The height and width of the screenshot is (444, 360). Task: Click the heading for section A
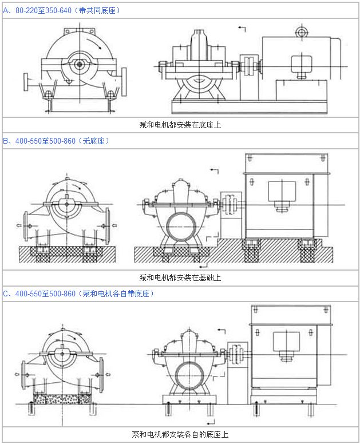point(61,10)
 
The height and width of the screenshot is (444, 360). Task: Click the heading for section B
point(56,141)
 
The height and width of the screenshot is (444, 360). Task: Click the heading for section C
point(78,294)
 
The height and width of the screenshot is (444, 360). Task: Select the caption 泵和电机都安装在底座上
point(180,125)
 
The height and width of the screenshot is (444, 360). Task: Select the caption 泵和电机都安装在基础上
point(180,277)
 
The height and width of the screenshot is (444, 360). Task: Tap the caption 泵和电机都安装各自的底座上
point(180,434)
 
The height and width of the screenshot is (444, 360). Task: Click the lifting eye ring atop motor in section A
point(301,32)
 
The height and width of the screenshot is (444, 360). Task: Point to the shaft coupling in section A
point(250,66)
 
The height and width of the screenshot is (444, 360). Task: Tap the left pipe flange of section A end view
point(26,82)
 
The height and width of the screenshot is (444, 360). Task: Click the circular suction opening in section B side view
point(181,227)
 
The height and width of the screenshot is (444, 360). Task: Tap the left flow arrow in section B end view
point(19,225)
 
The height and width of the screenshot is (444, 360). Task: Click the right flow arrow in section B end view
point(114,225)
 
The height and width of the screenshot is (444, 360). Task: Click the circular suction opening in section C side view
point(189,376)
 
